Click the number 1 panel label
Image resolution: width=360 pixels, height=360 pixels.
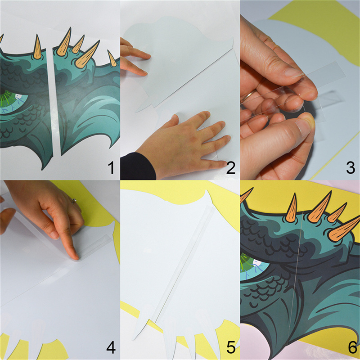click(111, 167)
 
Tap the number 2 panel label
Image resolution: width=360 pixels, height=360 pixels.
click(231, 167)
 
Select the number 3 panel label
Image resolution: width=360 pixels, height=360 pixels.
click(351, 167)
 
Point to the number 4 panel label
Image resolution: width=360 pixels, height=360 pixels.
click(111, 347)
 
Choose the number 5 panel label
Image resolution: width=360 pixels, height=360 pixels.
click(231, 347)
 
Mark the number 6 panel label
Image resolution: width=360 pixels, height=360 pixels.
click(352, 347)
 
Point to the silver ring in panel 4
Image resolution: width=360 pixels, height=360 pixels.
click(74, 201)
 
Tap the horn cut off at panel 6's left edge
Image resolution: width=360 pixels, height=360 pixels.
click(246, 195)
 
